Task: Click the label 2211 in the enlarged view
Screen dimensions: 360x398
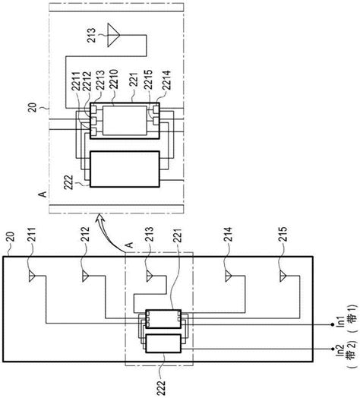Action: pyautogui.click(x=76, y=81)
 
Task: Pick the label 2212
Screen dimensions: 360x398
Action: pyautogui.click(x=87, y=81)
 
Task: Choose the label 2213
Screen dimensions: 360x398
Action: pyautogui.click(x=100, y=80)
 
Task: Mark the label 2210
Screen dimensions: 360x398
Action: pyautogui.click(x=113, y=79)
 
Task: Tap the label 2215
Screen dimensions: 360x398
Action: pyautogui.click(x=148, y=79)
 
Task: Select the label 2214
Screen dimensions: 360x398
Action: pyautogui.click(x=166, y=81)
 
